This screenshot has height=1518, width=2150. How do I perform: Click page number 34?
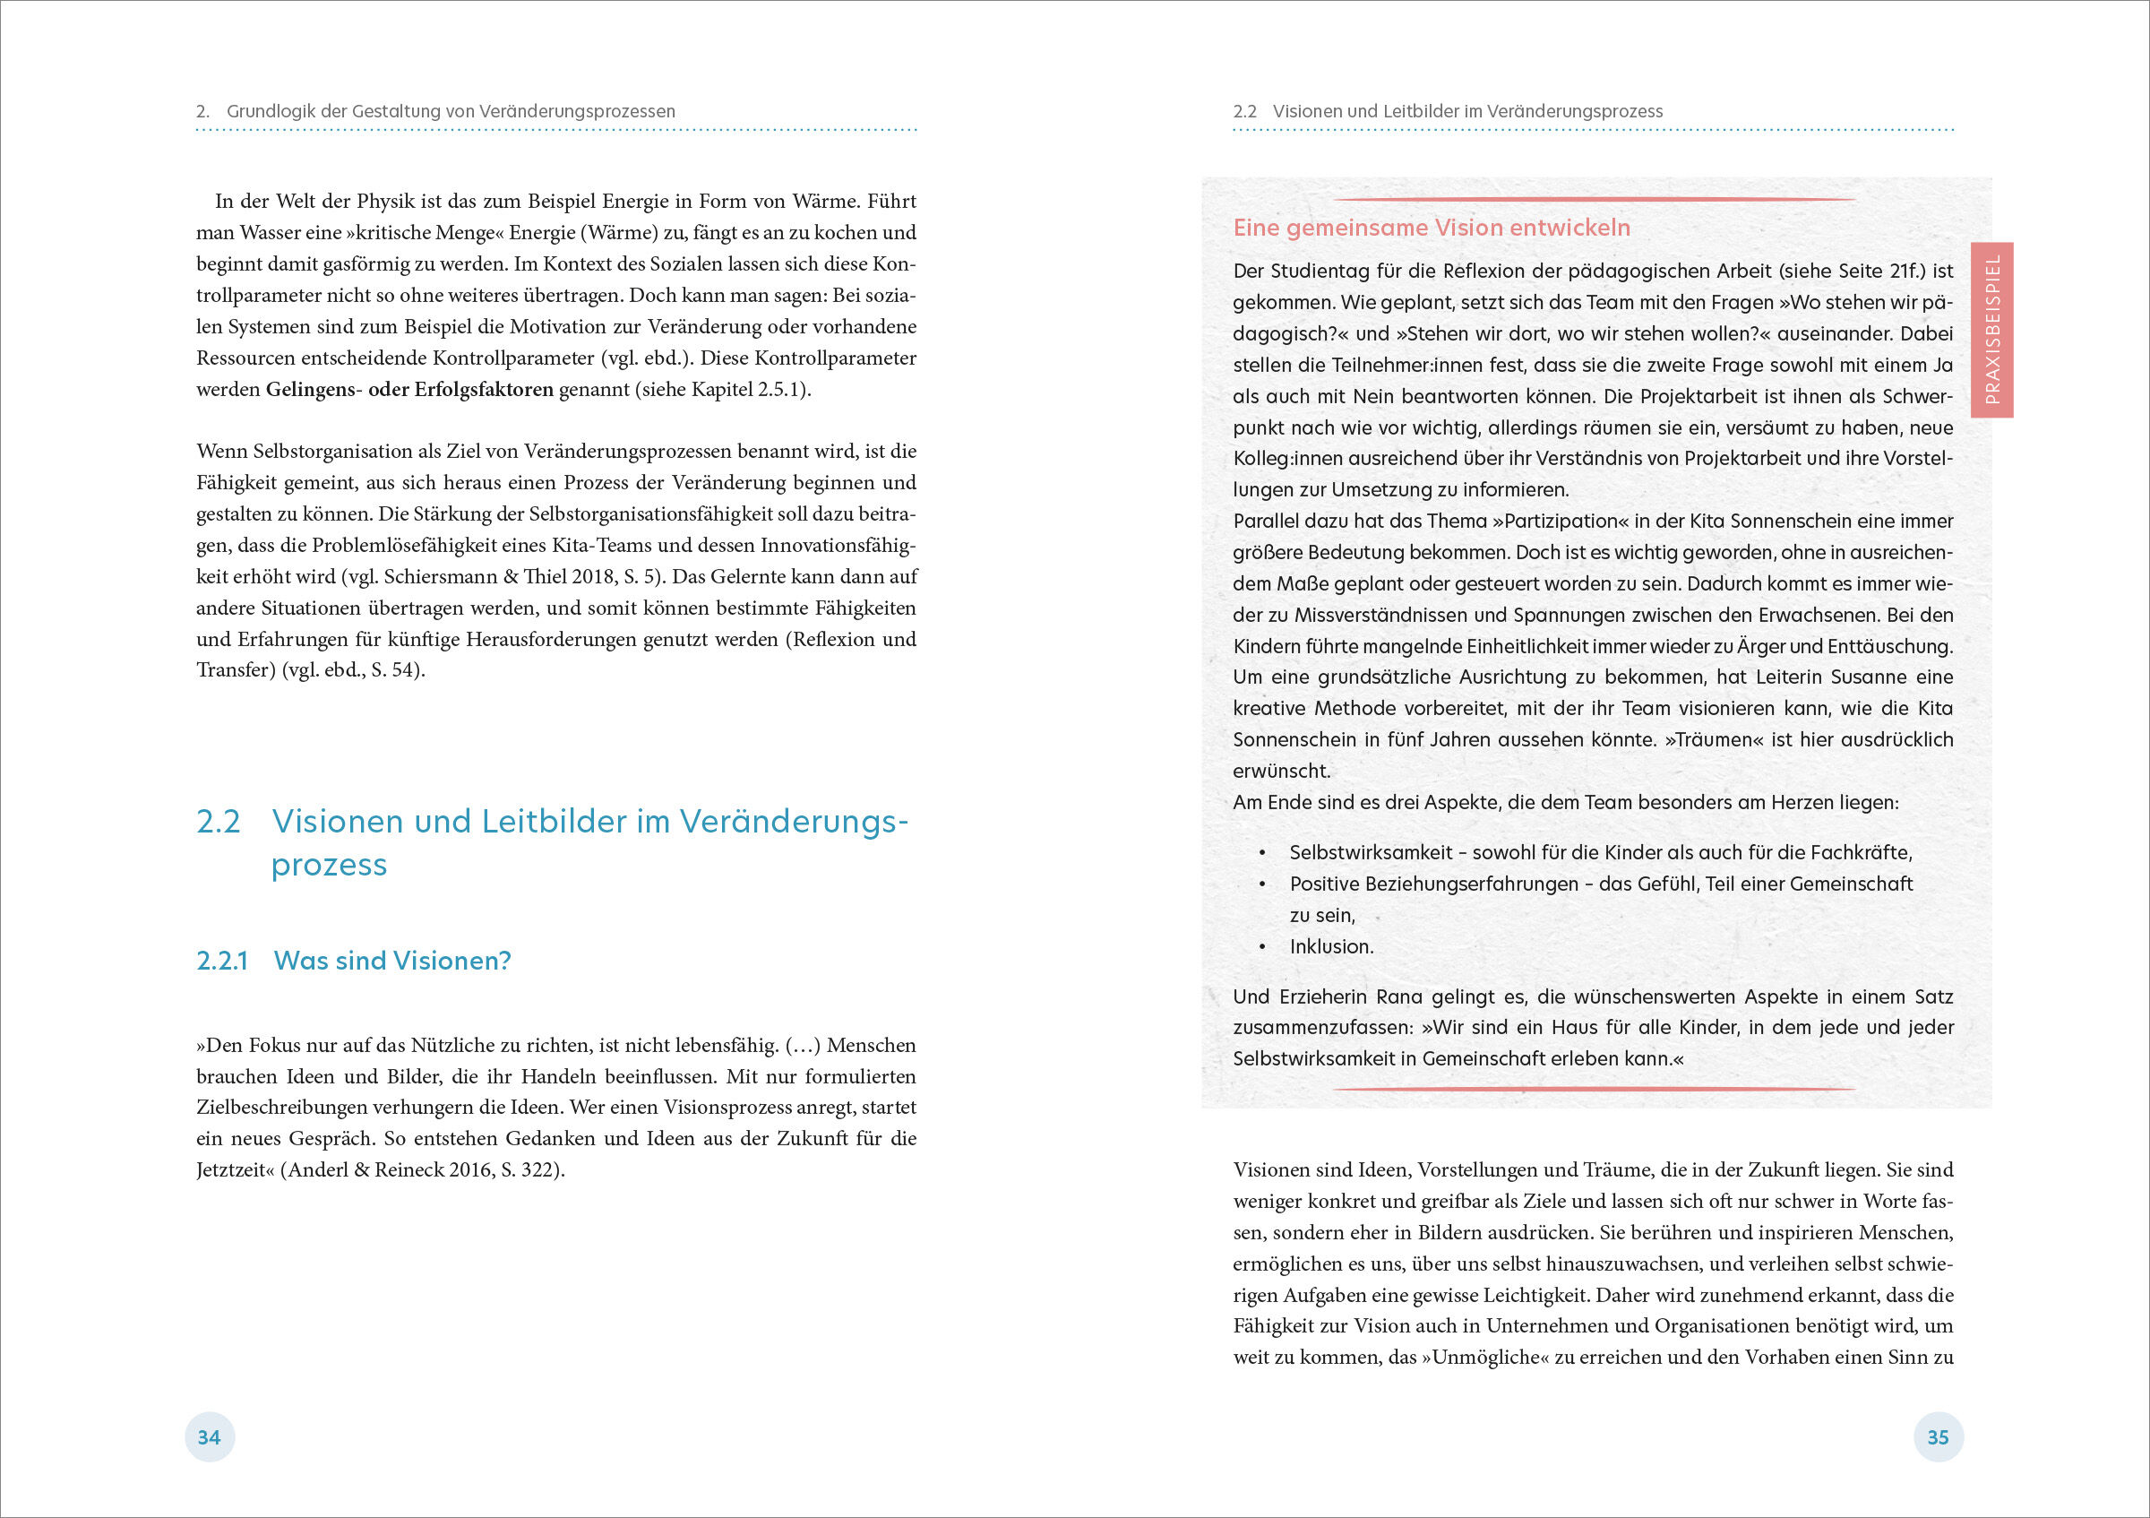[x=209, y=1437]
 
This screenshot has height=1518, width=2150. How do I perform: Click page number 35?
[x=1938, y=1437]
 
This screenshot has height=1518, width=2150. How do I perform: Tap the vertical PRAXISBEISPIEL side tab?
[x=1991, y=330]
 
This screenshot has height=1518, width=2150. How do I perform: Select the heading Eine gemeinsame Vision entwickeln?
[x=1431, y=228]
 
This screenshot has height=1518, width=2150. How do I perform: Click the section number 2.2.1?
[x=222, y=961]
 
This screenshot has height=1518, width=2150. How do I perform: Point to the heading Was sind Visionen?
[x=392, y=961]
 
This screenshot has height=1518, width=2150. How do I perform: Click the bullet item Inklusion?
[x=1330, y=947]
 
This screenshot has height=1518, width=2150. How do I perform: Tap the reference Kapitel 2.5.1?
[x=747, y=390]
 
